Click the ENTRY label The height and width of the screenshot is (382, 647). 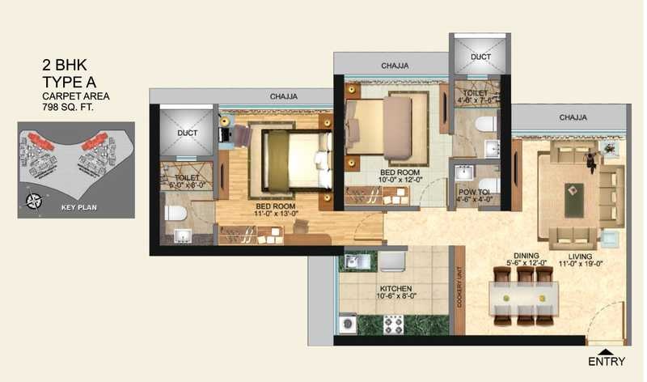(x=606, y=361)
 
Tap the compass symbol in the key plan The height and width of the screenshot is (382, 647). (x=34, y=202)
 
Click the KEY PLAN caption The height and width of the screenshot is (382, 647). (x=79, y=207)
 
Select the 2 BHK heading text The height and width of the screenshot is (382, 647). (x=66, y=64)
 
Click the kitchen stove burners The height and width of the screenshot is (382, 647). (x=393, y=323)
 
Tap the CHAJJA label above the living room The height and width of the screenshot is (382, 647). (x=573, y=117)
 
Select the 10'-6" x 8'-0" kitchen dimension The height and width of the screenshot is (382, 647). (x=396, y=298)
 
